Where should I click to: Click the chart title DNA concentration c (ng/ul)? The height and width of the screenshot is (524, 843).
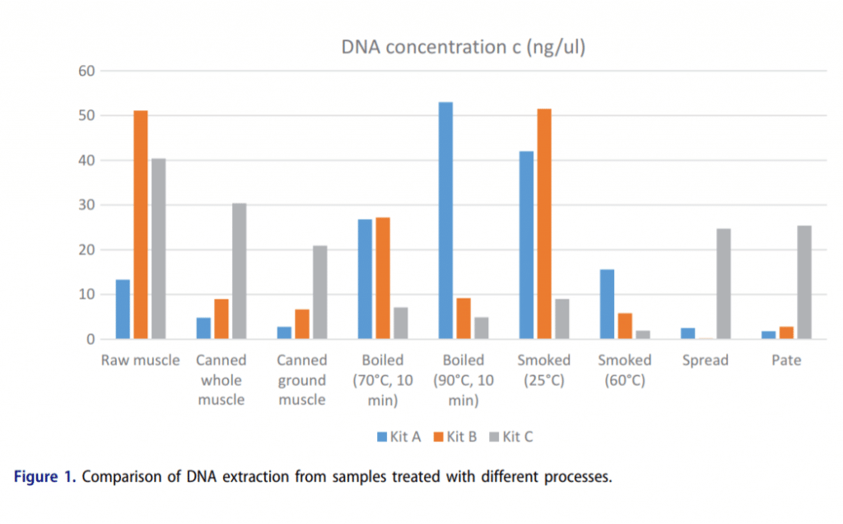point(463,48)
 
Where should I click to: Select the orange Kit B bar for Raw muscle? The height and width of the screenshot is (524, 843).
point(141,225)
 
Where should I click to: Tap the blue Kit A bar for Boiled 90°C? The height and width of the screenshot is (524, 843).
point(445,220)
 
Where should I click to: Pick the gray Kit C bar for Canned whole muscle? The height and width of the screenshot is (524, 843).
point(239,271)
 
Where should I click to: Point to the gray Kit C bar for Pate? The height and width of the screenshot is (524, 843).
point(804,282)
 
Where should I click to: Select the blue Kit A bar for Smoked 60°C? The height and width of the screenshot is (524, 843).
point(608,304)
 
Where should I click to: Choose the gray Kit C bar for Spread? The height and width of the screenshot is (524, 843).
point(724,284)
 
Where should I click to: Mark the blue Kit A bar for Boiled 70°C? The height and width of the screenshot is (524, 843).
point(365,279)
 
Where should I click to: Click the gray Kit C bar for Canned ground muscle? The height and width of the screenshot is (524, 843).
point(319,292)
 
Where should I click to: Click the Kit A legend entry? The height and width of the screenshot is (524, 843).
point(399,437)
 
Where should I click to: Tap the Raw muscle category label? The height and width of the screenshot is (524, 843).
point(140,360)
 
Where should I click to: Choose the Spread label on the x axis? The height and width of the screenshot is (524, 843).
point(705,360)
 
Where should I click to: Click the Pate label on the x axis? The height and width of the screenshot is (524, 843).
point(786,360)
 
